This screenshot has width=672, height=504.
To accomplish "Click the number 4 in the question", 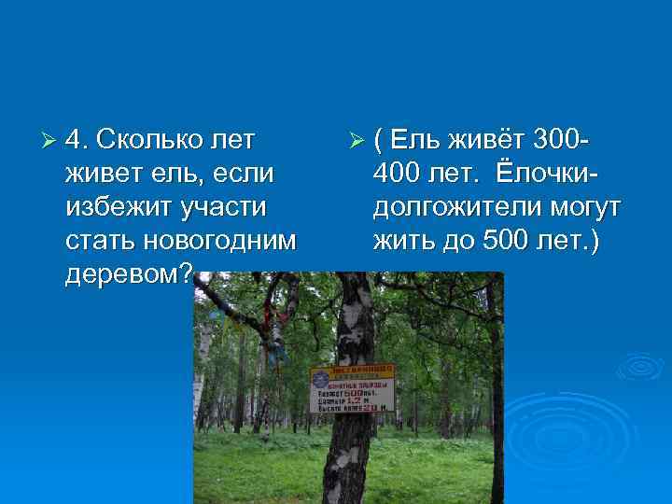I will click(77, 141).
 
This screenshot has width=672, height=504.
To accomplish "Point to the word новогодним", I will click(221, 240).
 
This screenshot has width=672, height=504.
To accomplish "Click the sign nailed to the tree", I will click(351, 389).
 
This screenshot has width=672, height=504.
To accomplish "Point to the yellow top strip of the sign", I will click(352, 370).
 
